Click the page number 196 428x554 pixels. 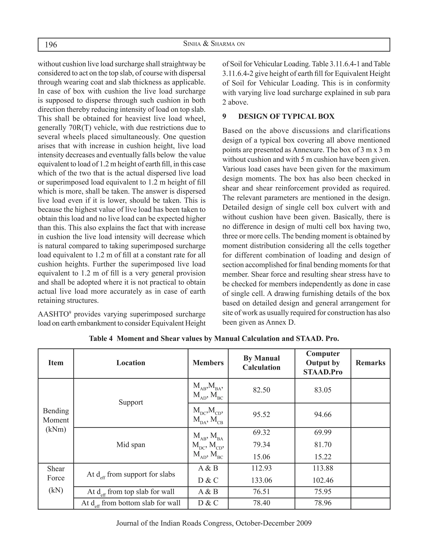coord(51,45)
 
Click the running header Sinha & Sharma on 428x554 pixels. coord(214,44)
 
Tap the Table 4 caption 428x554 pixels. coord(214,339)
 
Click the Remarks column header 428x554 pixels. coord(370,363)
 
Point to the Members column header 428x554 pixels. coord(208,363)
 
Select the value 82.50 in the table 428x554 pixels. coord(261,390)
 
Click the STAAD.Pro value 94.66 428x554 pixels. coord(322,415)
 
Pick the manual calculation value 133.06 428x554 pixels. coord(261,480)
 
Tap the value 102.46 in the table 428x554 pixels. coord(322,480)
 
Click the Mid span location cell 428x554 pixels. coord(131,444)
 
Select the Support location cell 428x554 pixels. coord(131,402)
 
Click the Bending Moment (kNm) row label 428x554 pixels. coord(56,420)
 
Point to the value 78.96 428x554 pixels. coord(322,503)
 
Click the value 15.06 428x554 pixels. coord(261,457)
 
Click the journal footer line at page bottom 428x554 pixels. coord(214,523)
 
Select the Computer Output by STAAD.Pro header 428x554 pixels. coord(322,363)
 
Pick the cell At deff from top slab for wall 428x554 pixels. coord(131,492)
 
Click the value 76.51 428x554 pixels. coord(261,492)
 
